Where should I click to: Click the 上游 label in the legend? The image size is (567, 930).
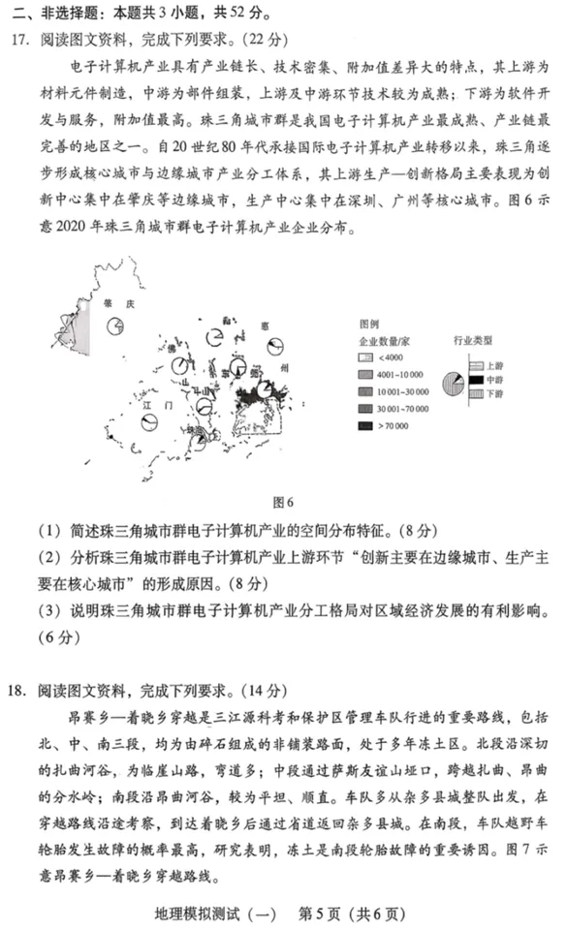494,365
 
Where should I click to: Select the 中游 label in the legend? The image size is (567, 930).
494,380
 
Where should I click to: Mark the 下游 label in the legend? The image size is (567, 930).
494,395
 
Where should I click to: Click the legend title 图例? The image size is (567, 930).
369,324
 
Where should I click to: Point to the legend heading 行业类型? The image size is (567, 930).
473,340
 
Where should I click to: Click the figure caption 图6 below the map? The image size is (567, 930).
284,501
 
